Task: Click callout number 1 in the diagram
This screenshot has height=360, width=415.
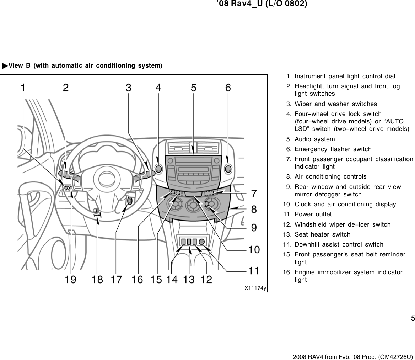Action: pyautogui.click(x=23, y=88)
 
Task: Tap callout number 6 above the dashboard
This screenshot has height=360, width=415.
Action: pyautogui.click(x=228, y=88)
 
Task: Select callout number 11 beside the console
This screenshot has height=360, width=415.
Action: pyautogui.click(x=254, y=271)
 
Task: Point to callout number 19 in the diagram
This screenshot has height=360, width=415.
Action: pyautogui.click(x=71, y=280)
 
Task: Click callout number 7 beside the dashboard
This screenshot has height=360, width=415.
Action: pyautogui.click(x=254, y=194)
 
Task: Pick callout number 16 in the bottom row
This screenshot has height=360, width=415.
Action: pyautogui.click(x=137, y=280)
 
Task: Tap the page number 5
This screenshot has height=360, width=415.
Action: pyautogui.click(x=413, y=318)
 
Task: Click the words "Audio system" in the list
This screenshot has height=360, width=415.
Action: pyautogui.click(x=314, y=139)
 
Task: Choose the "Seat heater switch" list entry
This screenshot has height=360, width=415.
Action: pyautogui.click(x=322, y=234)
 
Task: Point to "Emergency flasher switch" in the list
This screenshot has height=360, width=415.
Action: pyautogui.click(x=333, y=149)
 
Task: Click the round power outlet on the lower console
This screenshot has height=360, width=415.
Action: pyautogui.click(x=201, y=242)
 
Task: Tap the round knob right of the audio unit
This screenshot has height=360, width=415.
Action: pyautogui.click(x=228, y=167)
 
